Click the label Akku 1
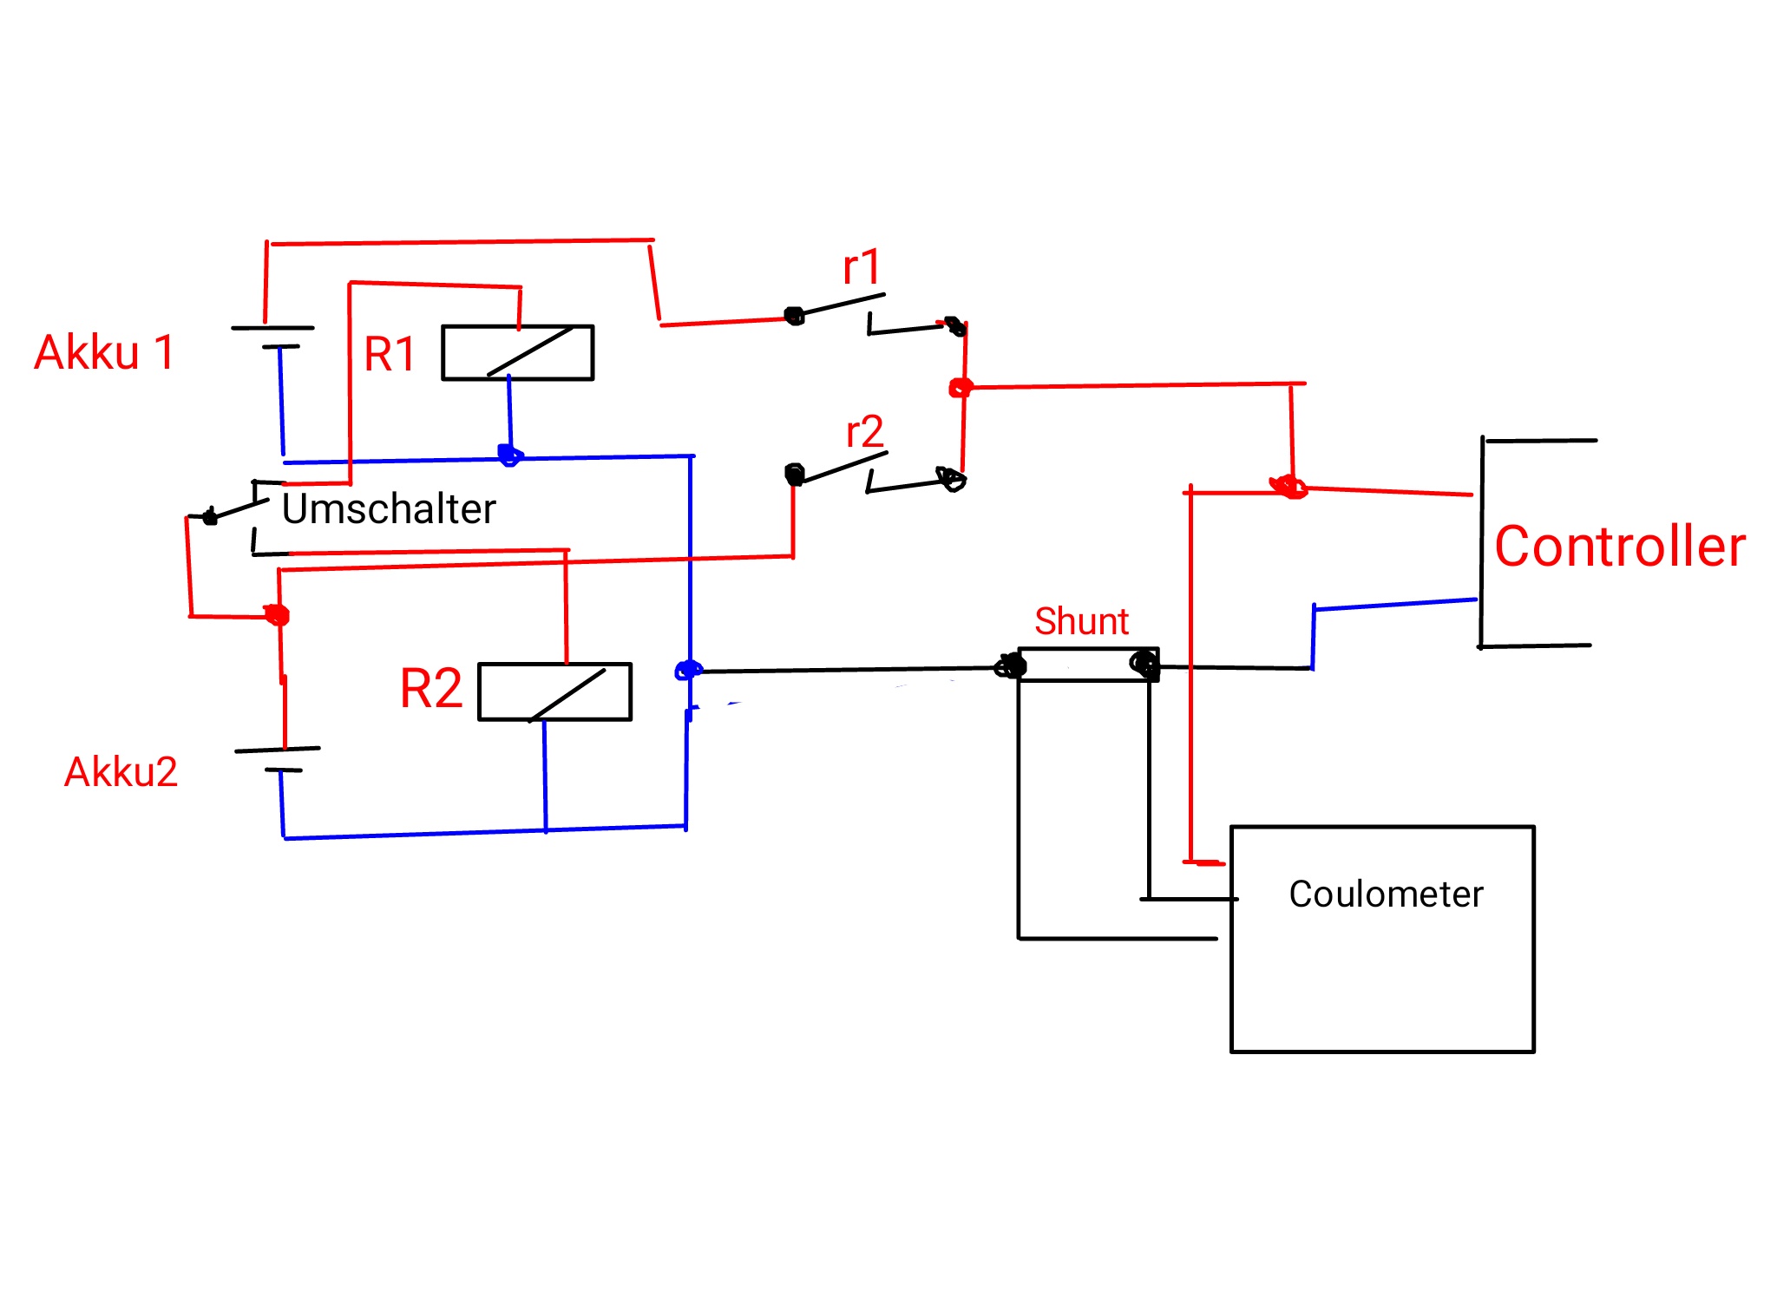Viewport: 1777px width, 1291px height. [104, 352]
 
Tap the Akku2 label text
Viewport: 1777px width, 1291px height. [121, 771]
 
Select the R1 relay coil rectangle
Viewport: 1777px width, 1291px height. [517, 352]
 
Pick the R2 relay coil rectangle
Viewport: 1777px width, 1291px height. [554, 691]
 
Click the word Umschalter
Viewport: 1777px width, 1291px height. [389, 508]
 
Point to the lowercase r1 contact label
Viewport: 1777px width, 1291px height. [862, 267]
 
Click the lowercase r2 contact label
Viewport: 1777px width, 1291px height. [864, 432]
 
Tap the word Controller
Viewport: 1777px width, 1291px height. [1619, 547]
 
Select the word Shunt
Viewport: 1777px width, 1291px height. [1081, 621]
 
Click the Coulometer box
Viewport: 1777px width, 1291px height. [1382, 939]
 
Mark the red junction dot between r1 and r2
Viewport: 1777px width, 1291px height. [960, 388]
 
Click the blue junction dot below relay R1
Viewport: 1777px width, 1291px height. [509, 455]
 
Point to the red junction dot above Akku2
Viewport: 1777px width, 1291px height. [277, 615]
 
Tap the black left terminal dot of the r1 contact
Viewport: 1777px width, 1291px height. [794, 316]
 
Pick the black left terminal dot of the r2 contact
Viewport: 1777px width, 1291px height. [794, 475]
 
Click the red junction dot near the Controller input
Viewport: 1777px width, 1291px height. [1290, 488]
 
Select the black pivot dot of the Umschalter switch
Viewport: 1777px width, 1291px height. [210, 517]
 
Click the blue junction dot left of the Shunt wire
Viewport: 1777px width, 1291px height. [688, 670]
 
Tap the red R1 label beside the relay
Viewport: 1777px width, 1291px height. [390, 354]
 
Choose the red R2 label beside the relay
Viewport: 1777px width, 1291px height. [431, 689]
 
